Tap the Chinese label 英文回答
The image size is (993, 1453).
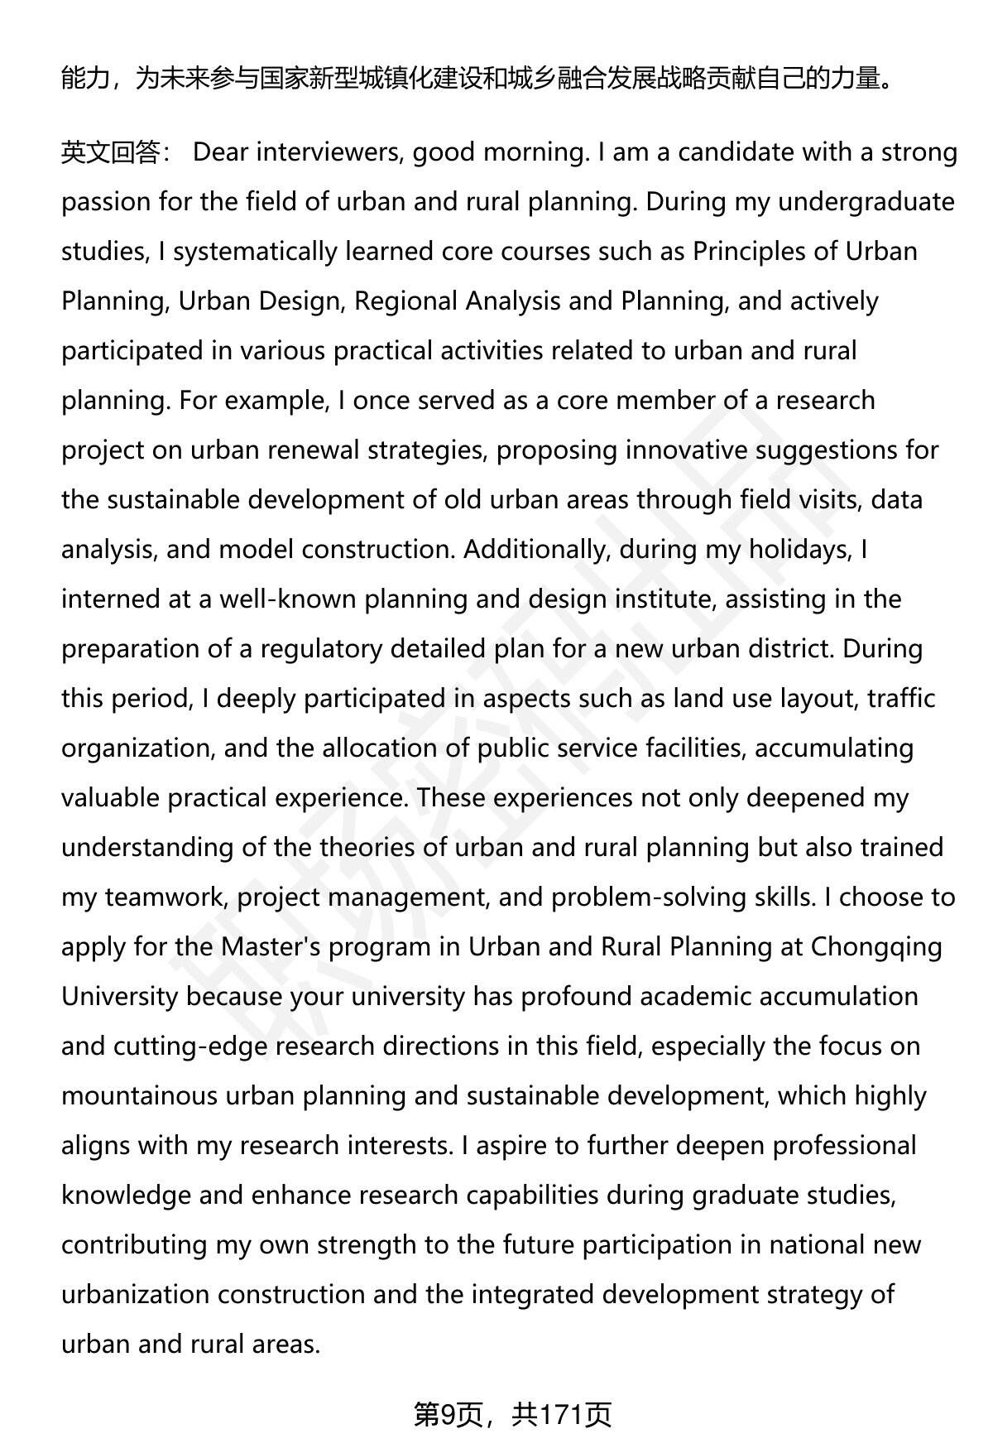(x=111, y=152)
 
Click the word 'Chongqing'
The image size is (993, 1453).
(x=876, y=947)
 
